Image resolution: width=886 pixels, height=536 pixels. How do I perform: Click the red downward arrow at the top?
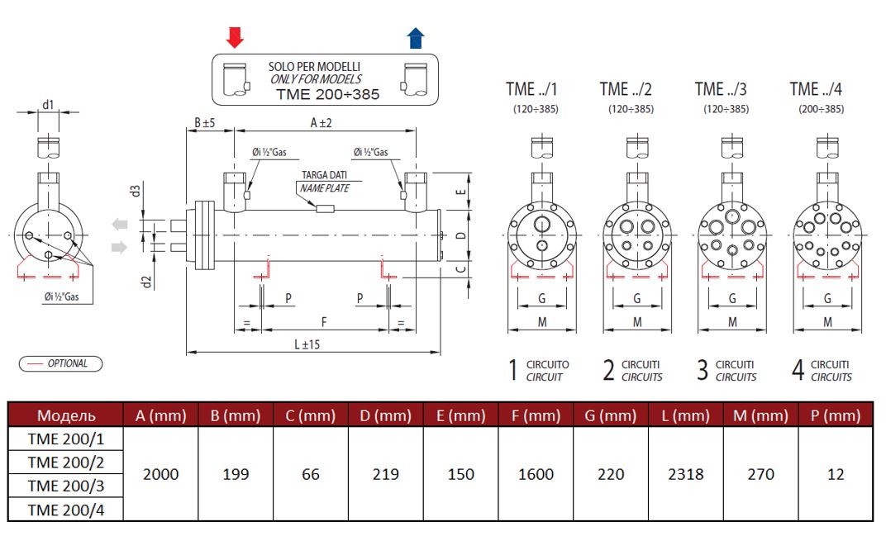click(235, 36)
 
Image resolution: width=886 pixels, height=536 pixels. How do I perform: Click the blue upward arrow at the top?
click(415, 37)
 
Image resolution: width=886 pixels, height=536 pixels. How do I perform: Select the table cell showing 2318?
click(686, 474)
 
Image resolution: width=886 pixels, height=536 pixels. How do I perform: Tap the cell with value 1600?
click(535, 474)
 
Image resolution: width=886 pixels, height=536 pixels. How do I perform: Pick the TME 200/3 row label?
click(65, 486)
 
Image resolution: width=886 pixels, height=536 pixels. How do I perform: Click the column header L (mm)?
click(686, 415)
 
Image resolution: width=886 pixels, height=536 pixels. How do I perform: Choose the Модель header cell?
click(66, 415)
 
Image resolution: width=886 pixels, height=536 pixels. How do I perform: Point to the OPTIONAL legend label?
click(67, 363)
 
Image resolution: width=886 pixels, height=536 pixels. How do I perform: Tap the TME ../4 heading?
click(817, 89)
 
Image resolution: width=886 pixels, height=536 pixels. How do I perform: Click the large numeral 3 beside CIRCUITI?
click(703, 371)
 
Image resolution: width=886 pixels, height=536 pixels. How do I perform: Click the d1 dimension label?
click(48, 104)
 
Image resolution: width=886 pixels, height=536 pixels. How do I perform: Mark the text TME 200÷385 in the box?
click(327, 94)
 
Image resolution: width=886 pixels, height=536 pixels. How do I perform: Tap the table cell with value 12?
click(836, 474)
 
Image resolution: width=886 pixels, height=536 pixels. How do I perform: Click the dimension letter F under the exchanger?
click(323, 320)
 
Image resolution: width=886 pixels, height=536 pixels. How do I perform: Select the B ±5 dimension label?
click(204, 122)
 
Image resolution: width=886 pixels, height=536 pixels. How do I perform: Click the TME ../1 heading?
click(531, 89)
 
